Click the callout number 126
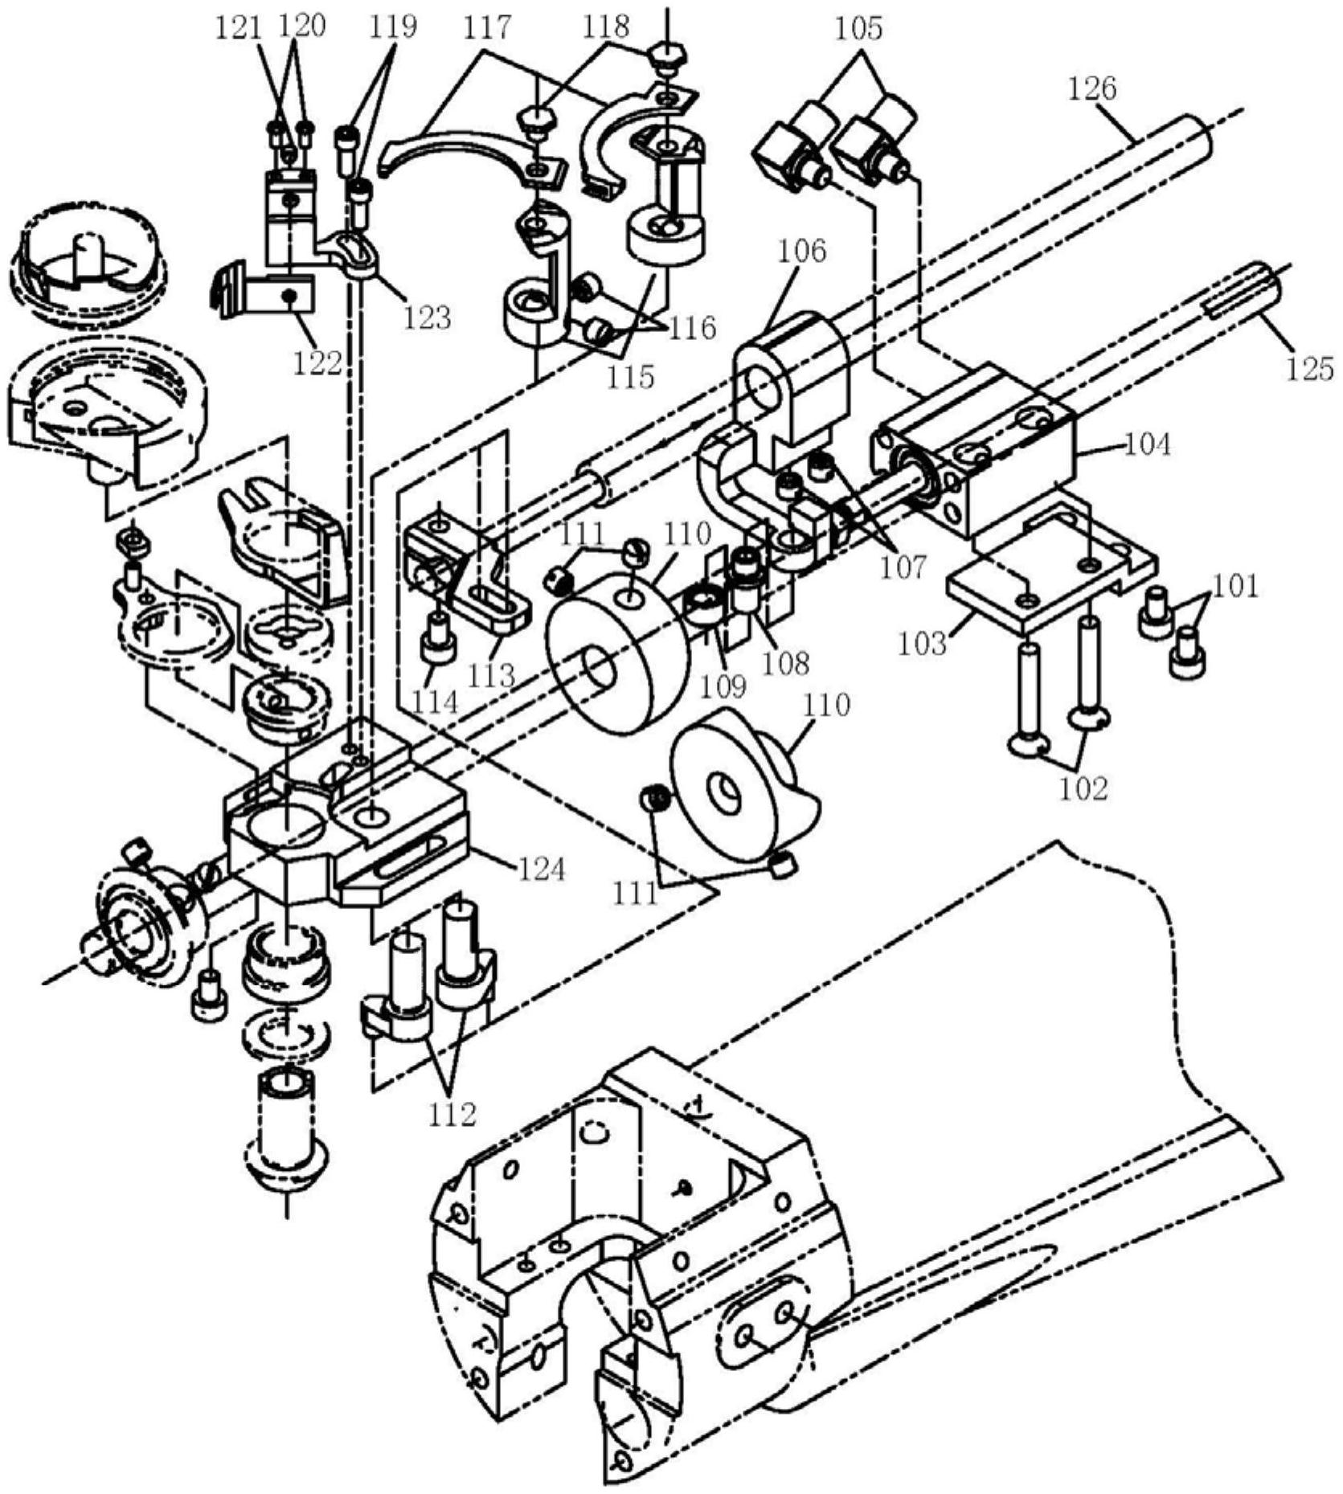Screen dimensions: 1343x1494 (x=1092, y=88)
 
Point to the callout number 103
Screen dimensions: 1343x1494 (x=923, y=644)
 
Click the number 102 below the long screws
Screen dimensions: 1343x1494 (x=1083, y=788)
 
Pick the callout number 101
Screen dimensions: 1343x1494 (x=1235, y=586)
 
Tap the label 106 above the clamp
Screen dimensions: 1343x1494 (x=801, y=251)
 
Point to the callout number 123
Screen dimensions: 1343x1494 (x=427, y=317)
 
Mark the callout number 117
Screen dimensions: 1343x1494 (x=487, y=27)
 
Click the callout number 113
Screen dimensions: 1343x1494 (x=491, y=674)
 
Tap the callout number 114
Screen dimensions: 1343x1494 (x=435, y=702)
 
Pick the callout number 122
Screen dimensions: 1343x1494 (x=317, y=362)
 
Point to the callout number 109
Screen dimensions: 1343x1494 (x=723, y=686)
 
